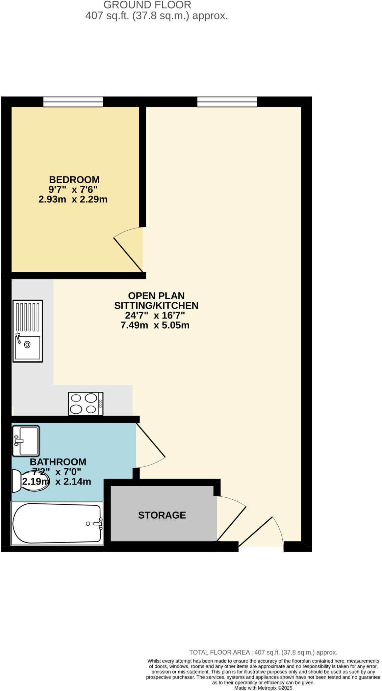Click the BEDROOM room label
(x=74, y=179)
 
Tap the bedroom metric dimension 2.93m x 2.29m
(x=73, y=199)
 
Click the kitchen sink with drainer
(x=28, y=331)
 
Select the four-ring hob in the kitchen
(x=85, y=404)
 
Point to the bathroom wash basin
(x=26, y=441)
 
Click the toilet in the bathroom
(x=30, y=481)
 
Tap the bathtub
(x=57, y=523)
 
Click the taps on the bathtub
(x=98, y=523)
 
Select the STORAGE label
(x=162, y=515)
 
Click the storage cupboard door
(x=232, y=520)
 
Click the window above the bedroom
(x=73, y=102)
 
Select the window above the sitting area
(x=227, y=102)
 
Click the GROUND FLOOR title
(x=147, y=5)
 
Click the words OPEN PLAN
(x=156, y=296)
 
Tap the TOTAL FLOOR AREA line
(x=263, y=653)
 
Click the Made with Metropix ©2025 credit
(x=263, y=688)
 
